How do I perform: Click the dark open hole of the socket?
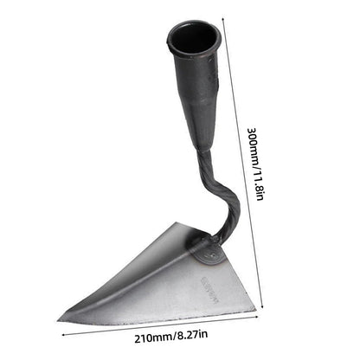point(189,37)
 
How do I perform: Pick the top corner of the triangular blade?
point(177,222)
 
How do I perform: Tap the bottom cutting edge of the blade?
point(156,313)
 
